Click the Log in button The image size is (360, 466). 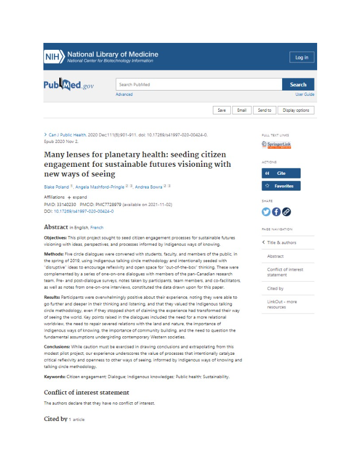tap(302, 57)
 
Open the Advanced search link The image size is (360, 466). tap(124, 95)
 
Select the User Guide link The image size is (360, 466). tap(304, 95)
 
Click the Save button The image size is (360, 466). tap(221, 110)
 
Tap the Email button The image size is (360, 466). tap(241, 110)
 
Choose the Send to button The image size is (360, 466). tap(264, 110)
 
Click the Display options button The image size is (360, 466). tap(295, 110)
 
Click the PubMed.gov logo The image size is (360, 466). tap(68, 85)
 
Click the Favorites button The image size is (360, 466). tap(281, 186)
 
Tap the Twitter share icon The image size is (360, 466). tap(266, 212)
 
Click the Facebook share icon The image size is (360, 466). tap(276, 212)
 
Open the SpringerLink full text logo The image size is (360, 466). tap(276, 145)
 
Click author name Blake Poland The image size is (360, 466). tap(56, 187)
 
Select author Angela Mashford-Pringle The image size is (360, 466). tap(100, 187)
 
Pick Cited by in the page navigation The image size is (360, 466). tap(275, 289)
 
